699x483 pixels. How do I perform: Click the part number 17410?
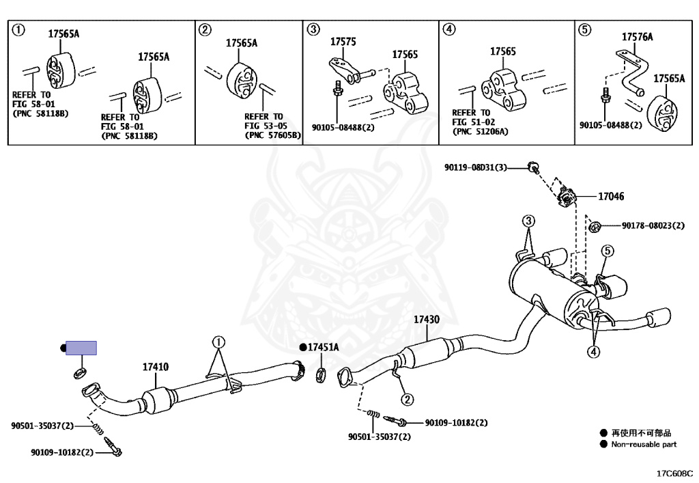point(156,367)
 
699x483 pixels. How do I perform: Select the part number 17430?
point(427,319)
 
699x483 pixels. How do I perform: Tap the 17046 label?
point(611,196)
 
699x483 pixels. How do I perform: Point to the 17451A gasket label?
point(323,347)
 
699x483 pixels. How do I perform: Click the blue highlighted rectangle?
point(81,348)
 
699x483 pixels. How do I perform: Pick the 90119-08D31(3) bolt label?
point(476,167)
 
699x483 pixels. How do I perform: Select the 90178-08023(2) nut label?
point(653,225)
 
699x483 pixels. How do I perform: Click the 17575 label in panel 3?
point(343,42)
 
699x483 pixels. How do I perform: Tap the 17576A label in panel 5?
point(637,37)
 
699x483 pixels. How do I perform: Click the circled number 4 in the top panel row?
point(449,30)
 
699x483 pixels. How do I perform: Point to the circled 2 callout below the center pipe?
point(408,399)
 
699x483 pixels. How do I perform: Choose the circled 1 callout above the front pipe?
point(218,342)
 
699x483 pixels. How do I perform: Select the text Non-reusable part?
point(644,444)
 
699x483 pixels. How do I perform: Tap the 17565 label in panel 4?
point(503,52)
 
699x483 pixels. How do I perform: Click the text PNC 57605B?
point(273,135)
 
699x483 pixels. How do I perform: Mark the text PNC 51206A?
point(480,132)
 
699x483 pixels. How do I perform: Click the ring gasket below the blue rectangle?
point(80,373)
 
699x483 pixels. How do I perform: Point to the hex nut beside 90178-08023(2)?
point(594,227)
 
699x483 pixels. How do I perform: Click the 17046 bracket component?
point(566,197)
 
